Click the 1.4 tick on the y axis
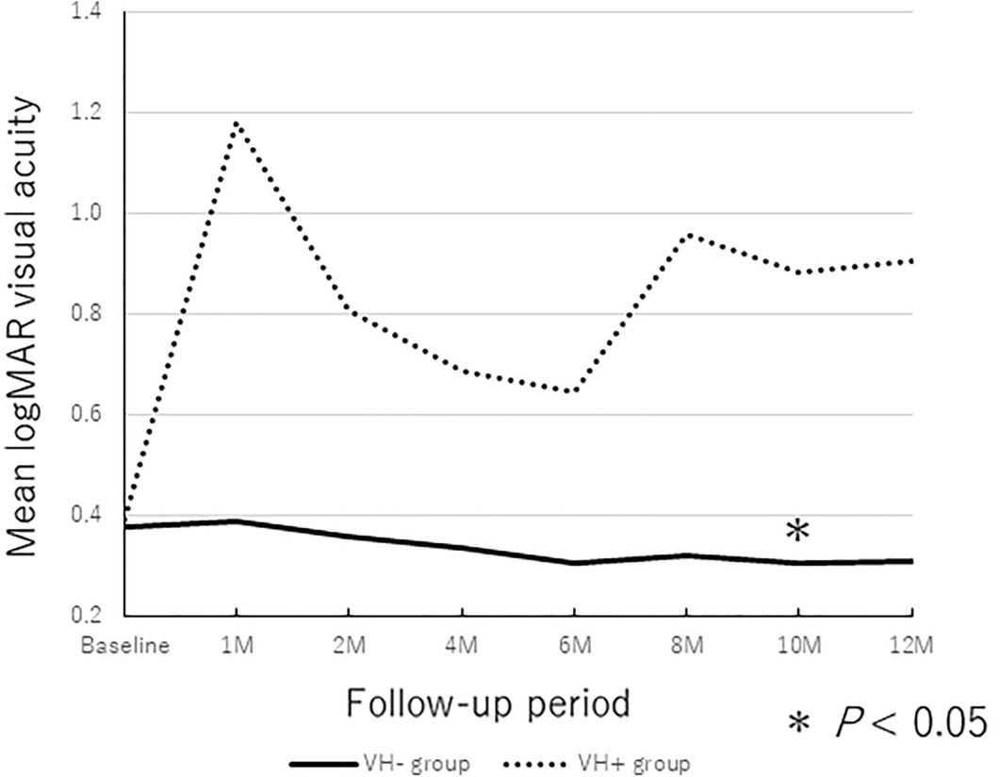pyautogui.click(x=94, y=12)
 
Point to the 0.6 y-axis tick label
pyautogui.click(x=94, y=415)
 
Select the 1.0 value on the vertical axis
pyautogui.click(x=94, y=213)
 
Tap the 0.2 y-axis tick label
pyautogui.click(x=94, y=616)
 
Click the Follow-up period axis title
pyautogui.click(x=486, y=703)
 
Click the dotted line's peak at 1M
pyautogui.click(x=236, y=123)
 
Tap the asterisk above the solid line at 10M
pyautogui.click(x=797, y=531)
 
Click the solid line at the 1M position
pyautogui.click(x=236, y=521)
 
